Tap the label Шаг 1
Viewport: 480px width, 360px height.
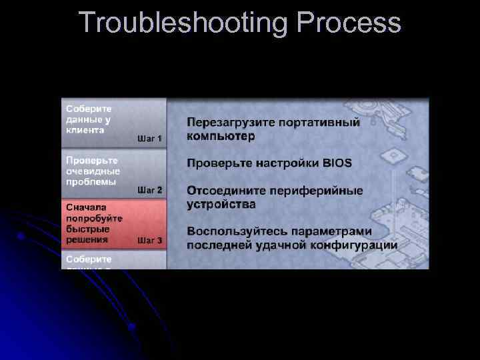point(150,139)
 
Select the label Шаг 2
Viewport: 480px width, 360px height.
point(150,190)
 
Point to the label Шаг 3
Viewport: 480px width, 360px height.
point(150,240)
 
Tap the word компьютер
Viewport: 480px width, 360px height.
point(220,136)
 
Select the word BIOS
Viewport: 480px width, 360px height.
point(337,163)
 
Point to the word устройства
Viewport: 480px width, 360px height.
point(221,203)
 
